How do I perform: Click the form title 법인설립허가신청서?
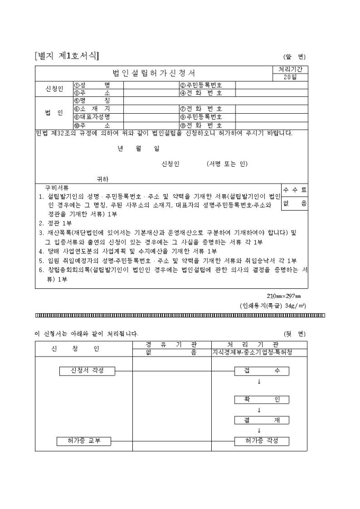pos(154,73)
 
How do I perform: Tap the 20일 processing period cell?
pos(290,77)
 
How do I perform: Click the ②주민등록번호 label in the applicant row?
pos(201,85)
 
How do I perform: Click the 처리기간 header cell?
pos(290,69)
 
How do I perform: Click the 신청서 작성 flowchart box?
pos(87,370)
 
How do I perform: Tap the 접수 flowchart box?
pos(262,370)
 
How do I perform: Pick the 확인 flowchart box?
pos(262,399)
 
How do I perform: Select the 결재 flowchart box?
pos(262,420)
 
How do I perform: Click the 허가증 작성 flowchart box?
pos(262,441)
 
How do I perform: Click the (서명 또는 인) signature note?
pos(227,164)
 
